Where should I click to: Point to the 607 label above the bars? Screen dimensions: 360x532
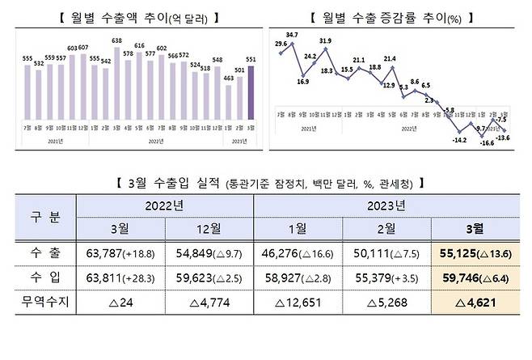click(x=85, y=49)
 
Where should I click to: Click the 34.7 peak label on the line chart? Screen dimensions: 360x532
click(x=292, y=36)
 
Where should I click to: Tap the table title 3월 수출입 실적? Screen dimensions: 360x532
click(x=266, y=184)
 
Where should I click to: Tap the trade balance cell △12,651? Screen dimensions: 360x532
click(x=298, y=307)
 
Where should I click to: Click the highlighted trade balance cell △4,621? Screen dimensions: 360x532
click(x=476, y=307)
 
